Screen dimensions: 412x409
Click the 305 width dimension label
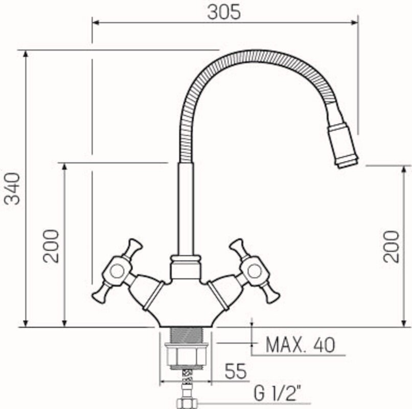click(224, 12)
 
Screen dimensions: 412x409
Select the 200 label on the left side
click(51, 246)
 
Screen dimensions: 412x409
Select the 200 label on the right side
click(391, 246)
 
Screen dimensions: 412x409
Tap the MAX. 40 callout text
click(301, 345)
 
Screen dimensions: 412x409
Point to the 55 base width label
click(236, 371)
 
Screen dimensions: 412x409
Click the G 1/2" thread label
click(278, 394)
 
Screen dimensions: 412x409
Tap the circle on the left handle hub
click(117, 271)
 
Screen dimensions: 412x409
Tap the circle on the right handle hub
click(255, 271)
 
